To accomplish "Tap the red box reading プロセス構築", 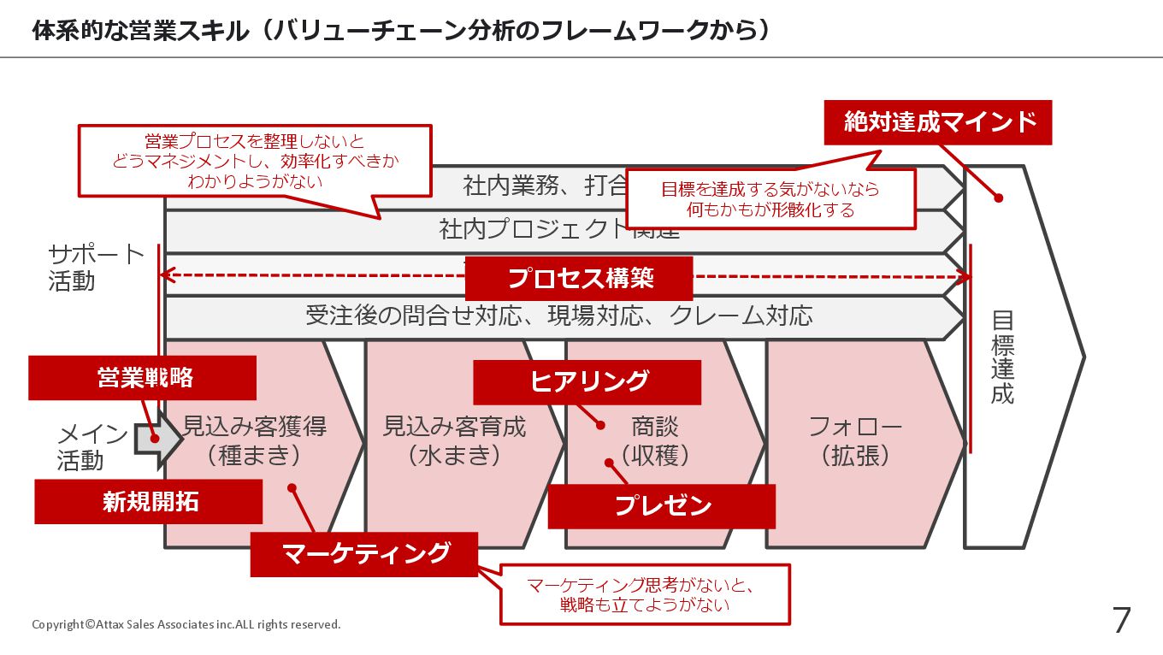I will tap(580, 278).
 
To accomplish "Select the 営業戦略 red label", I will tap(143, 378).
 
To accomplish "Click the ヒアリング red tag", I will tap(587, 381).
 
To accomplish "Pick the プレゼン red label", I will tap(662, 506).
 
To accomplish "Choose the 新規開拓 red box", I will tap(149, 502).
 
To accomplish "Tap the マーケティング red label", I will tap(364, 554).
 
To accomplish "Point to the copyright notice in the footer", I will tap(186, 624).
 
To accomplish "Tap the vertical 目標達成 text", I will tap(1002, 357).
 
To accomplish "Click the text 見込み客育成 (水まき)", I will tap(454, 440).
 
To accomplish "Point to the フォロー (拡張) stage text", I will tap(855, 440).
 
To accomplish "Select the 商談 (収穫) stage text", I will tap(655, 440).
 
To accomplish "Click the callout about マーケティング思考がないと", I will tap(645, 594).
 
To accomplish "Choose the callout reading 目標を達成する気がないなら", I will tap(770, 199).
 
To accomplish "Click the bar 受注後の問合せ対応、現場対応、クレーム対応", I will tap(559, 316).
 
